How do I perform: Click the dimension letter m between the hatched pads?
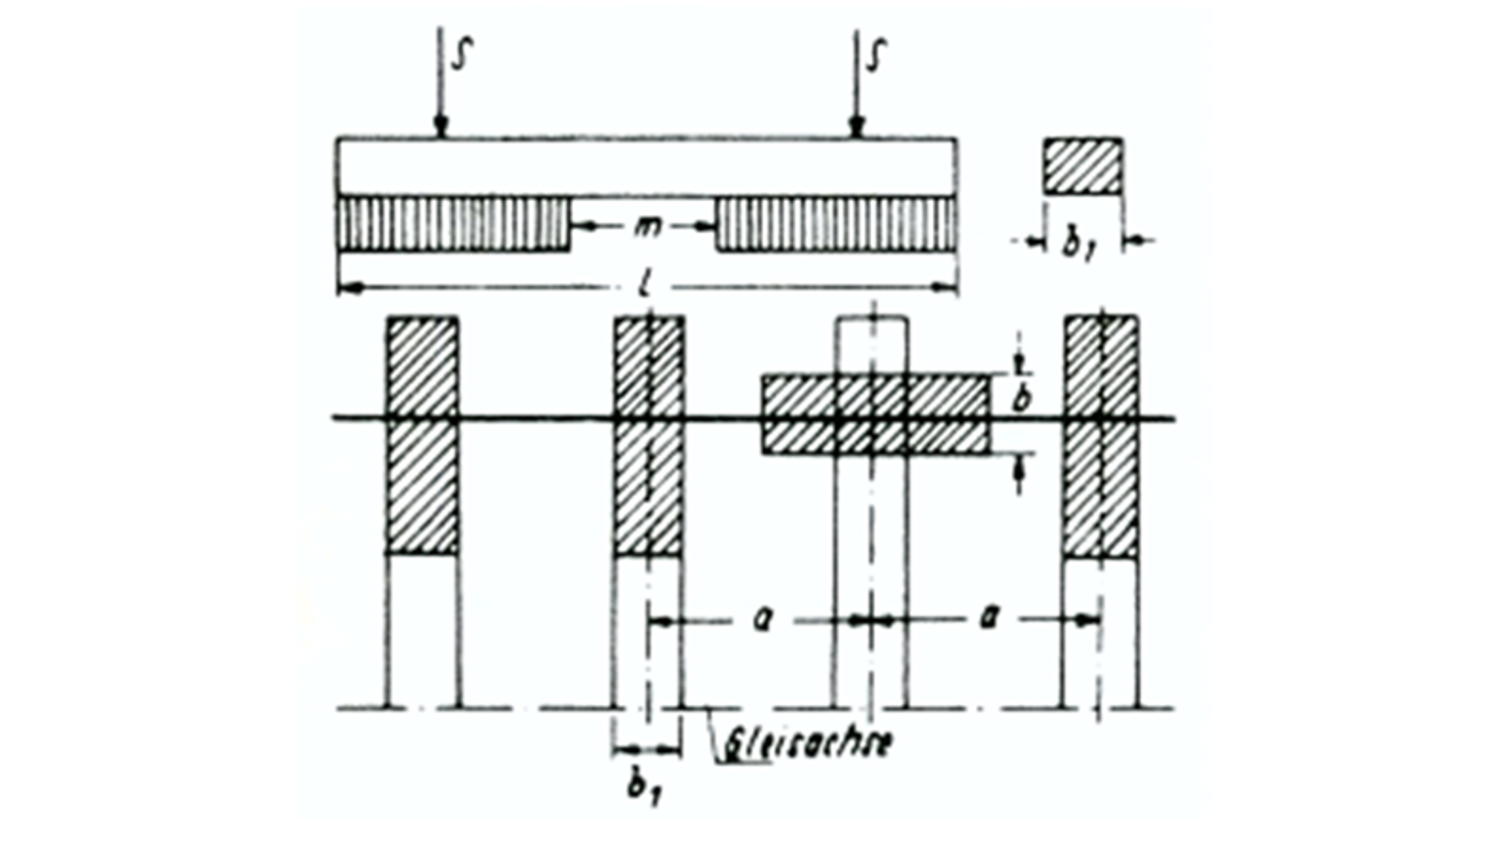[x=644, y=225]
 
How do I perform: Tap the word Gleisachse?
[x=807, y=742]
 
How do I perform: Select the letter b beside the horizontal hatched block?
[x=1020, y=401]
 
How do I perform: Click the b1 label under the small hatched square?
[x=1076, y=244]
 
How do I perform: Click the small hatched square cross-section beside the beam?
[x=1083, y=166]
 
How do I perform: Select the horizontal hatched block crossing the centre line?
[x=875, y=415]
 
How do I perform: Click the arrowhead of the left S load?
[x=440, y=127]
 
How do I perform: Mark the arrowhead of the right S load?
[x=856, y=127]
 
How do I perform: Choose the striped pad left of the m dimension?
[x=454, y=224]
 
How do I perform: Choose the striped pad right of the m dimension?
[x=836, y=224]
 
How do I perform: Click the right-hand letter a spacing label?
[x=987, y=619]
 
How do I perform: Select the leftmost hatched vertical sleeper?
[x=423, y=436]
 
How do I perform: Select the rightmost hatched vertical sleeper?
[x=1101, y=436]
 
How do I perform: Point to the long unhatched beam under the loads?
[x=647, y=167]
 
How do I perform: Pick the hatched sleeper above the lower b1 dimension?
[x=649, y=436]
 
